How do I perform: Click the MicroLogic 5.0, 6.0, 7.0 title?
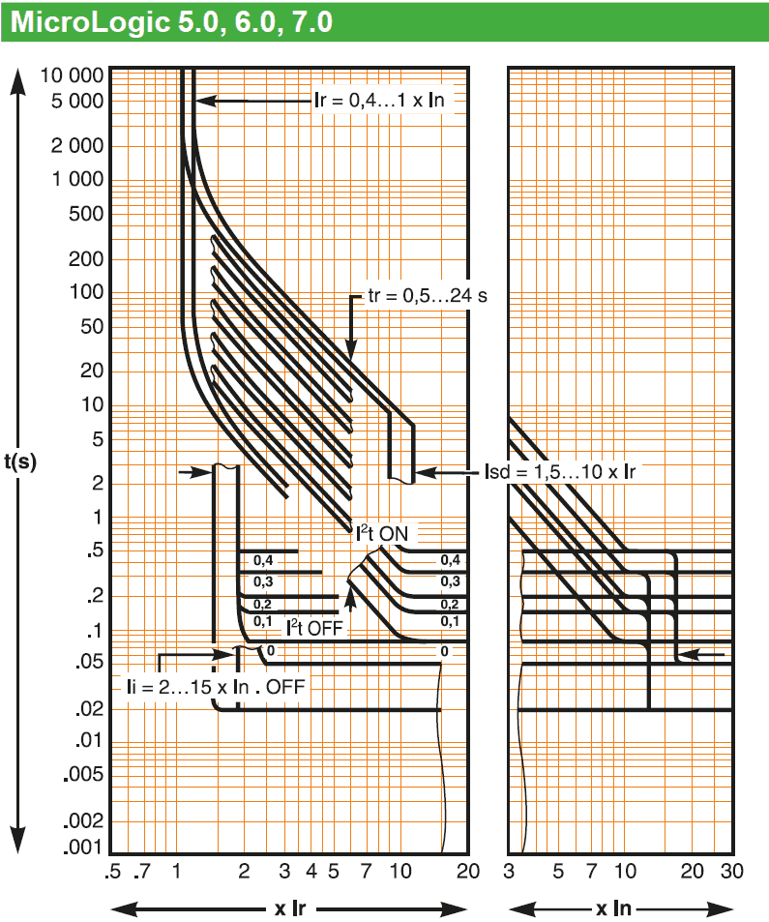[171, 21]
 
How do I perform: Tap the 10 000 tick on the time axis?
[72, 75]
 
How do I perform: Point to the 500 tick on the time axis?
[86, 214]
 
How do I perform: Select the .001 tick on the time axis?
[83, 847]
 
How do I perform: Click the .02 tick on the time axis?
[89, 708]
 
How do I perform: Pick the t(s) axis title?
[20, 461]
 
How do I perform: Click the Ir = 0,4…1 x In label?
[379, 100]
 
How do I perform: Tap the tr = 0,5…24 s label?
[428, 295]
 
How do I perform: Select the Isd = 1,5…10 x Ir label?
[560, 471]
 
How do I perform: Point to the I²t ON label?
[382, 533]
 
